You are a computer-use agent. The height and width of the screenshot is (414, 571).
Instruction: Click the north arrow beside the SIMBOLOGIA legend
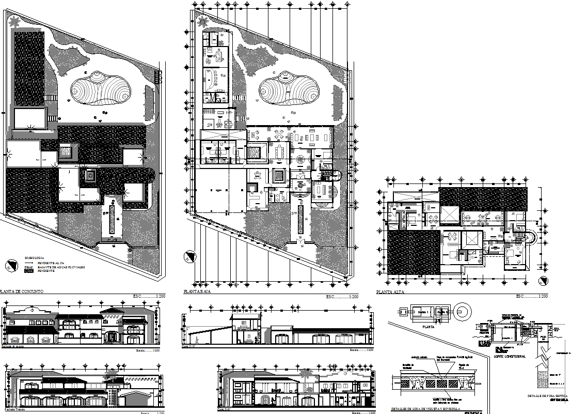tap(10, 266)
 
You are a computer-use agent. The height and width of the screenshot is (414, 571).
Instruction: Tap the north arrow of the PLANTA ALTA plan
tap(542, 282)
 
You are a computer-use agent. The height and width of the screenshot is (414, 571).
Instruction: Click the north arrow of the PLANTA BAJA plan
tap(189, 256)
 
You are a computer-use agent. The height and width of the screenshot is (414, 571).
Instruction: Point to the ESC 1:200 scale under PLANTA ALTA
tap(532, 296)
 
